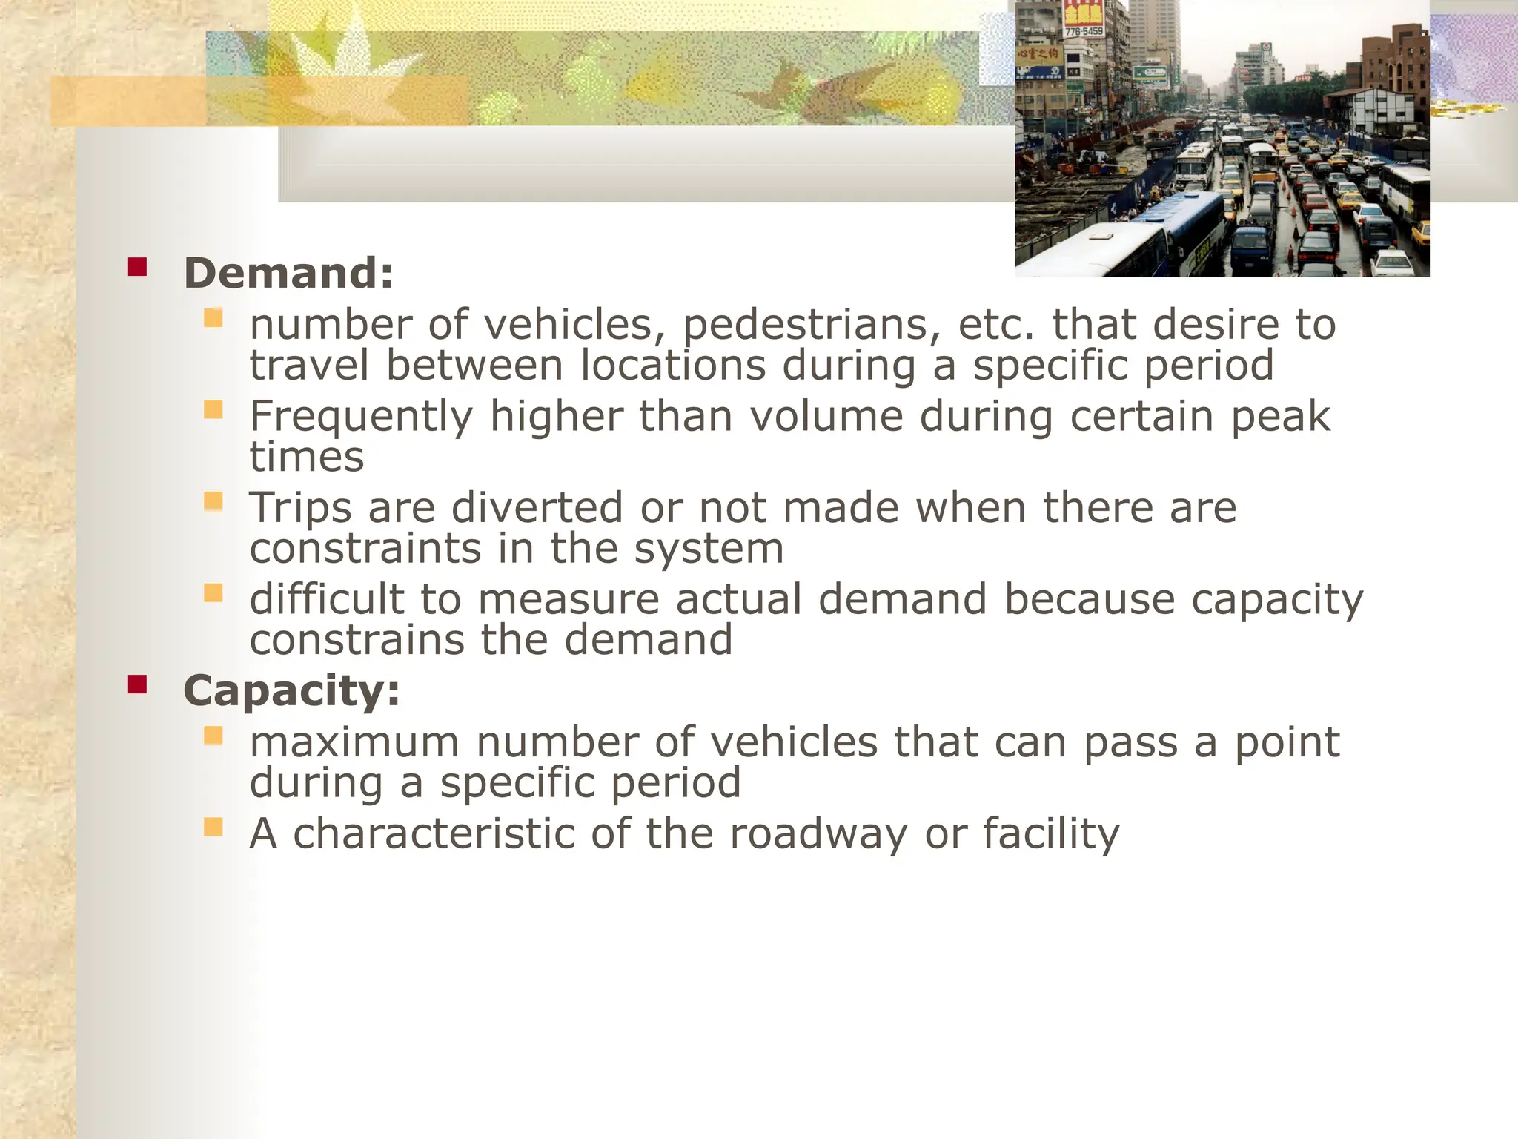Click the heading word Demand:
tap(288, 273)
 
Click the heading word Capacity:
tap(291, 690)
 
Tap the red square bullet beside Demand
tap(137, 266)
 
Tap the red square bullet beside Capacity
tap(137, 684)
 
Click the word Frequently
tap(361, 417)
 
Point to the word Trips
tap(300, 508)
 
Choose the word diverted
tap(537, 508)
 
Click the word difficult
tap(327, 599)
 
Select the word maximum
tap(354, 742)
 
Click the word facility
tap(1051, 833)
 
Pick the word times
tap(307, 457)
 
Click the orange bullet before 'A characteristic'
tap(213, 827)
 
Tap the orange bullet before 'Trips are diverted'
tap(213, 502)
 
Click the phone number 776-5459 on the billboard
tap(1084, 32)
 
